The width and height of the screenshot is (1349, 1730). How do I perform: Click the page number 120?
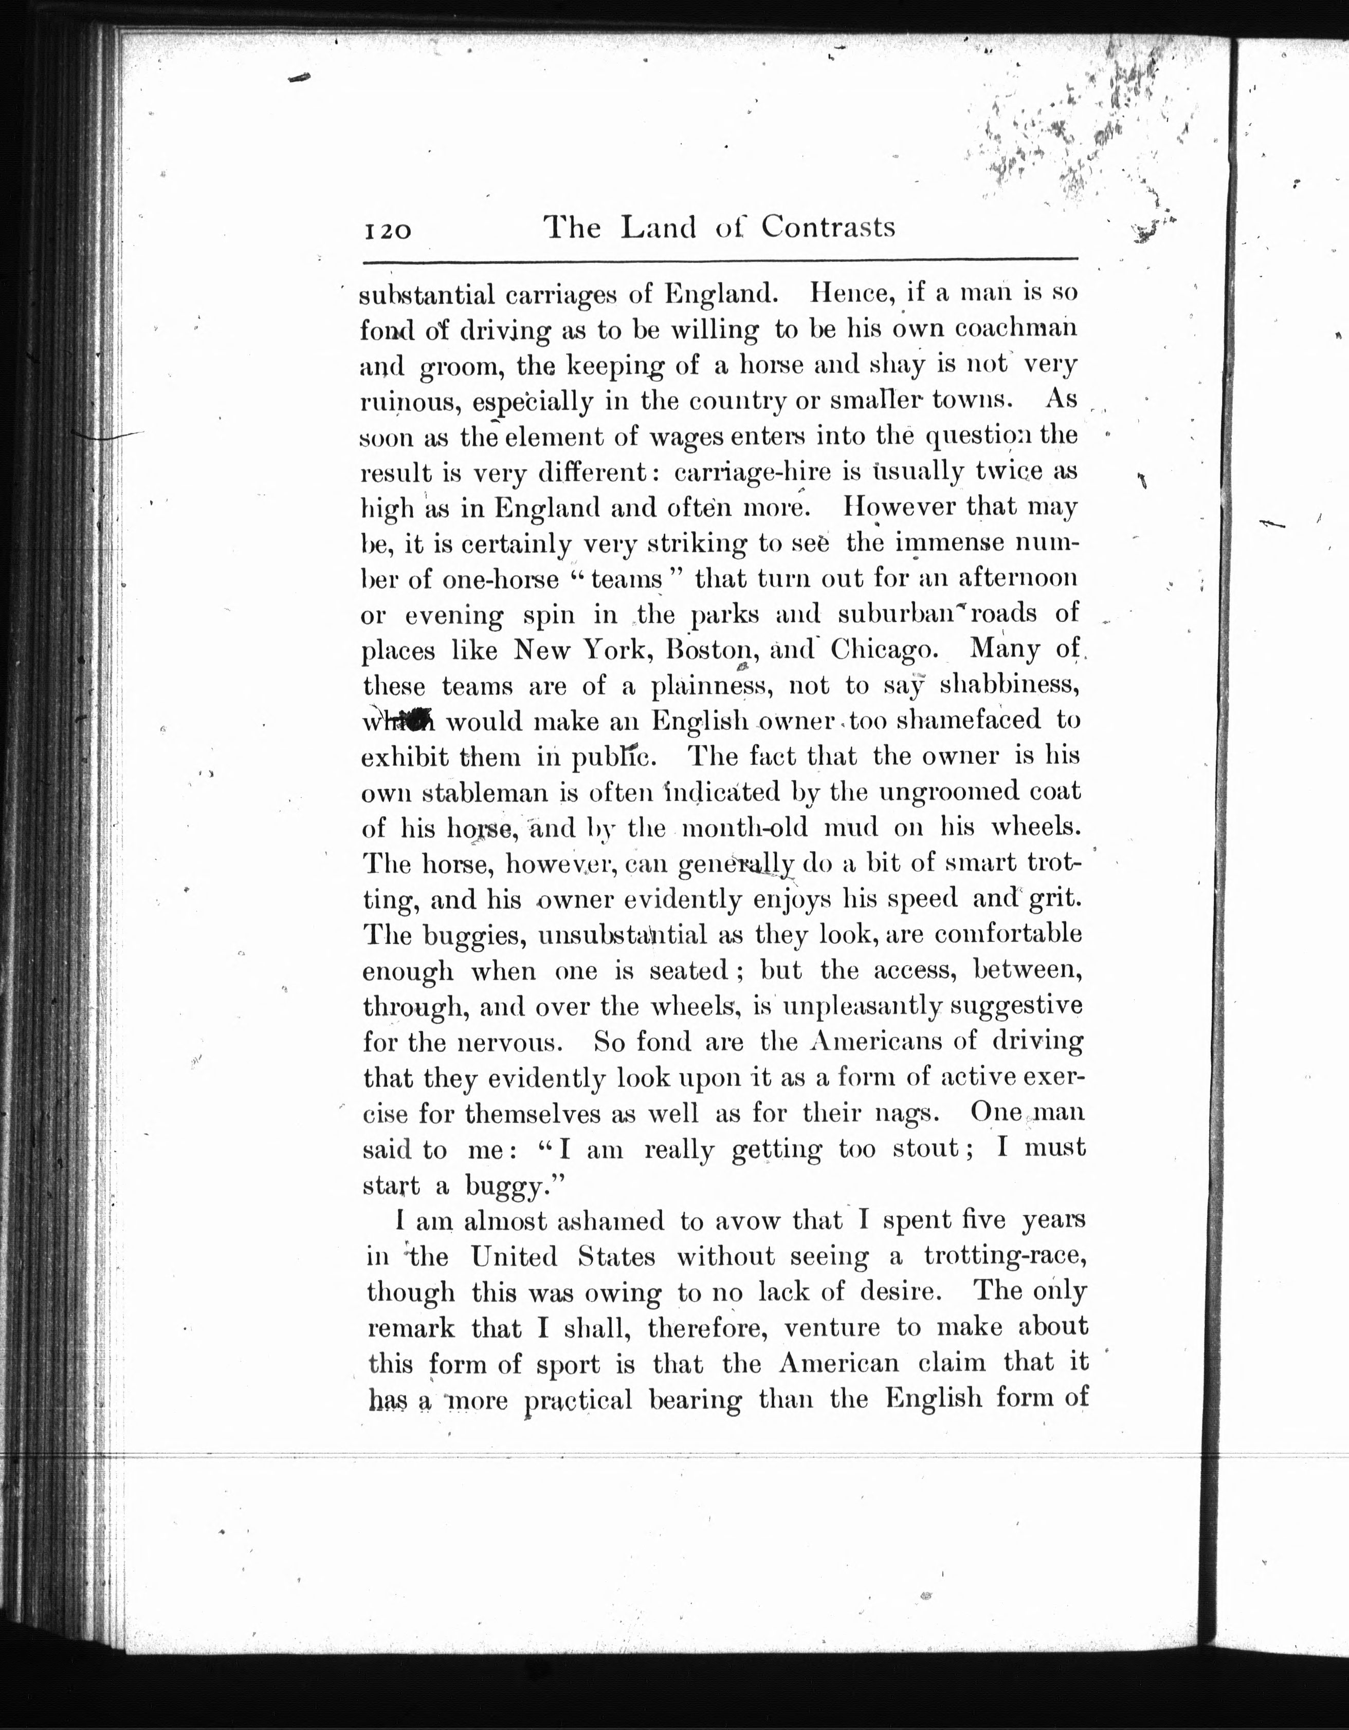point(388,231)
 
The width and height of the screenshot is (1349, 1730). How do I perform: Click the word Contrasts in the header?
point(828,228)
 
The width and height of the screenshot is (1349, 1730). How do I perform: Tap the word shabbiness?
point(1009,685)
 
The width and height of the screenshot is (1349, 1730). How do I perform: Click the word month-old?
point(745,828)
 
